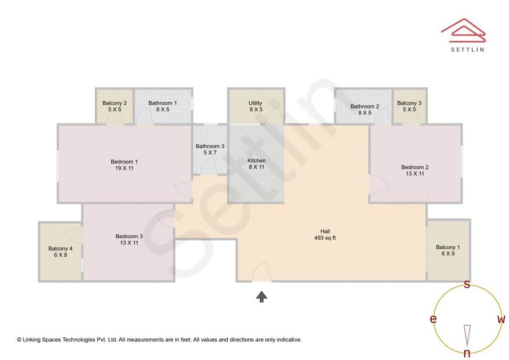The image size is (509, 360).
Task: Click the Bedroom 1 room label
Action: point(124,162)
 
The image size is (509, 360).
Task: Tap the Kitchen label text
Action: point(256,161)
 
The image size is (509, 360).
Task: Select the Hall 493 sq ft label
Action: point(325,235)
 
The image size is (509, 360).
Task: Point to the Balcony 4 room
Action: point(60,252)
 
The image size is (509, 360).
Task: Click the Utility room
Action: point(255,106)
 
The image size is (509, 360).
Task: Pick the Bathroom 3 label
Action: point(210,146)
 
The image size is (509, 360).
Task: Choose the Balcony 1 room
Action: point(448,251)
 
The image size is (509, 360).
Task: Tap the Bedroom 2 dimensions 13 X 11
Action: point(415,174)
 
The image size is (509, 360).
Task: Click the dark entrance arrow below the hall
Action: point(262,296)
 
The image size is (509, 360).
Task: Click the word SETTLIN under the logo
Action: point(467,49)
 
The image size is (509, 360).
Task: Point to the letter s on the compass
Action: point(467,284)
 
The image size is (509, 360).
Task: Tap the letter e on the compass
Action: point(433,319)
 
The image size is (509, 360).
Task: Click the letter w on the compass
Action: point(501,319)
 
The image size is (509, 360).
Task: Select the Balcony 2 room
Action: point(115,106)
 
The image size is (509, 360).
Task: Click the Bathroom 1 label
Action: point(163,103)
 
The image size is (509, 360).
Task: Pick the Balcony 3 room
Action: point(409,106)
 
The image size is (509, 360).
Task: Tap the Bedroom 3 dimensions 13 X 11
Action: point(129,243)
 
